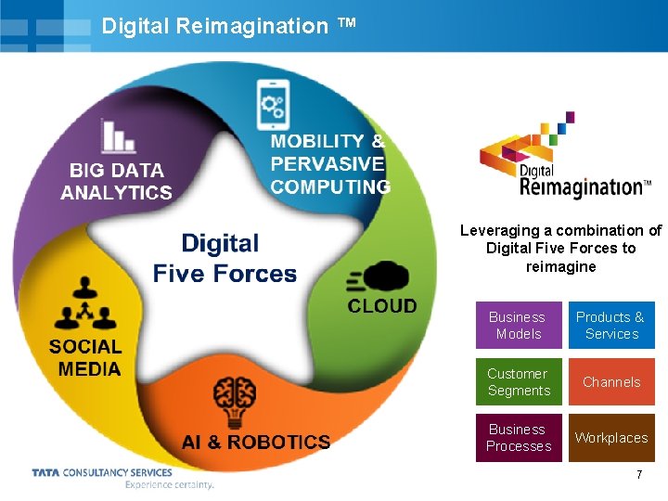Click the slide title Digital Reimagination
[x=215, y=26]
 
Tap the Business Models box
[x=519, y=326]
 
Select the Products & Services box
[x=611, y=326]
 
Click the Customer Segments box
[x=519, y=382]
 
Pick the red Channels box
[x=611, y=382]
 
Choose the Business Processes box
[x=519, y=438]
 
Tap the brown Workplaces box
[x=611, y=438]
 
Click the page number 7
[x=639, y=475]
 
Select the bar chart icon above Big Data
[x=118, y=135]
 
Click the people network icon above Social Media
[x=85, y=304]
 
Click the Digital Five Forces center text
[x=225, y=259]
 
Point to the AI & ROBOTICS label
[x=256, y=443]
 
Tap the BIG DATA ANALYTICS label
[x=117, y=182]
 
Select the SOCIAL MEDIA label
[x=85, y=357]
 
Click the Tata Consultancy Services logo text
[x=102, y=472]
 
